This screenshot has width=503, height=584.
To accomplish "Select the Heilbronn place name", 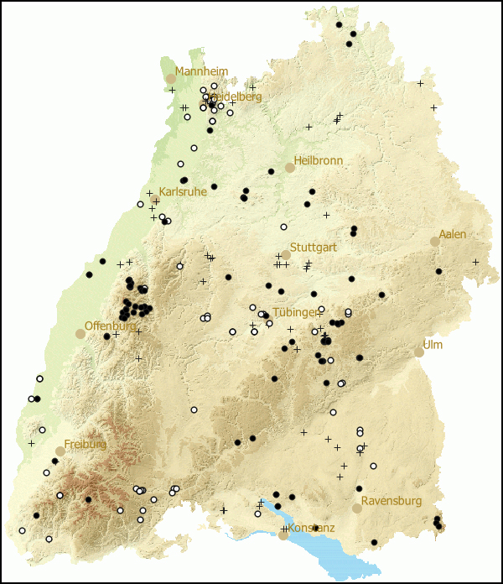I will pos(318,159).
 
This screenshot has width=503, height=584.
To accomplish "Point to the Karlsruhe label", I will pos(182,191).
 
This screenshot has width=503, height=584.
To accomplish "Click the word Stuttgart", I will pos(314,247).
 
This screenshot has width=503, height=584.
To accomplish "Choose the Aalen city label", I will pos(453,234).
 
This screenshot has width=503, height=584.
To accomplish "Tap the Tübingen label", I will pos(295,312).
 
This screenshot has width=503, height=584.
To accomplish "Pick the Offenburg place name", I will pos(110,325).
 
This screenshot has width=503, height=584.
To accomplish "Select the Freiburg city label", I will pos(86,443).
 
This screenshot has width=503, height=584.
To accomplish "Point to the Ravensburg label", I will pos(392,501).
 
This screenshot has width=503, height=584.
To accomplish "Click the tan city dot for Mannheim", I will pos(171,79).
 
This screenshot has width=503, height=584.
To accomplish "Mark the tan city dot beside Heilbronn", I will pos(290,168).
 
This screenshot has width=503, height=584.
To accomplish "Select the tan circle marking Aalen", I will pos(435,242).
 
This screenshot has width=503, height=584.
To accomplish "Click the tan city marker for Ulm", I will pos(419,352).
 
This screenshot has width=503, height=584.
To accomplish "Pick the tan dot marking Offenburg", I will pos(80,333).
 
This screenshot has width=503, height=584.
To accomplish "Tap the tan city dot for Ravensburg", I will pos(357,508).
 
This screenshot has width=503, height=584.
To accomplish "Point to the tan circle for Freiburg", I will pos(60,451).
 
